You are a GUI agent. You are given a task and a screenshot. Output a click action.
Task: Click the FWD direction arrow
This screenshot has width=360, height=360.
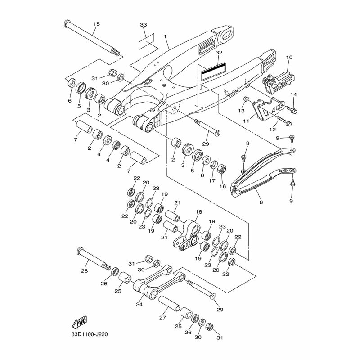point(79,322)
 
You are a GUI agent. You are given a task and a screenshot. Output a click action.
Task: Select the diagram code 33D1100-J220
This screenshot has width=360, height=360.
point(89,334)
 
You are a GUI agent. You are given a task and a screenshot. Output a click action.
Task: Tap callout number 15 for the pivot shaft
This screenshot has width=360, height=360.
point(97,24)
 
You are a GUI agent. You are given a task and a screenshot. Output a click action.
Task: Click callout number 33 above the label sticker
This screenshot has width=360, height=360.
point(144,25)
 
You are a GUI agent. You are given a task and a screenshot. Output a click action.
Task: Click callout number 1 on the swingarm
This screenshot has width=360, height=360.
point(165,36)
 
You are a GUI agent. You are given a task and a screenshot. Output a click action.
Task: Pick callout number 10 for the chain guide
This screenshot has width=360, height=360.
point(289,57)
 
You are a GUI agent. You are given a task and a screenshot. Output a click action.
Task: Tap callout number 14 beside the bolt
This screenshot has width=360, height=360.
point(294,94)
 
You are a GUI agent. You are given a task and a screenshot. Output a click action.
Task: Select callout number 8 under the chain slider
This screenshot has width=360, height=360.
point(261,202)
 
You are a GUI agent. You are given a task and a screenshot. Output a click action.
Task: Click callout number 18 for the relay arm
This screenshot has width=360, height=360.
point(199,212)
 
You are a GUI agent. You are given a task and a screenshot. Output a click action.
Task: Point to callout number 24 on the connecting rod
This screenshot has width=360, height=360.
point(139,305)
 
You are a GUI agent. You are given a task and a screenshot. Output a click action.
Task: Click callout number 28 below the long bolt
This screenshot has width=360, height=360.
point(85,271)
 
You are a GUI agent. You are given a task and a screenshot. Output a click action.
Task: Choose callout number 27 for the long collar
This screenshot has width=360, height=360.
point(163,318)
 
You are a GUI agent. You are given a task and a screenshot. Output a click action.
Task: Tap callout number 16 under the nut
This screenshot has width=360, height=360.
point(223,186)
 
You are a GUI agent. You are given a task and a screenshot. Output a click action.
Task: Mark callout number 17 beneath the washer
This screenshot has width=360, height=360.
point(212,181)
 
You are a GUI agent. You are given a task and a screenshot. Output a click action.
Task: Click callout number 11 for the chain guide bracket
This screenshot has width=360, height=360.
point(246,121)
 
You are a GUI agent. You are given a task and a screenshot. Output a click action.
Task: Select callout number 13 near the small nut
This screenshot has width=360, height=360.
point(241,111)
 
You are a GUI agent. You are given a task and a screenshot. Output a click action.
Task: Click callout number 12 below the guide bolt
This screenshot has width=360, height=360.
point(273,130)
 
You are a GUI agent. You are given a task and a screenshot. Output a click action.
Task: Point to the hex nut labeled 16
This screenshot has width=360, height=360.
point(222,169)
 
